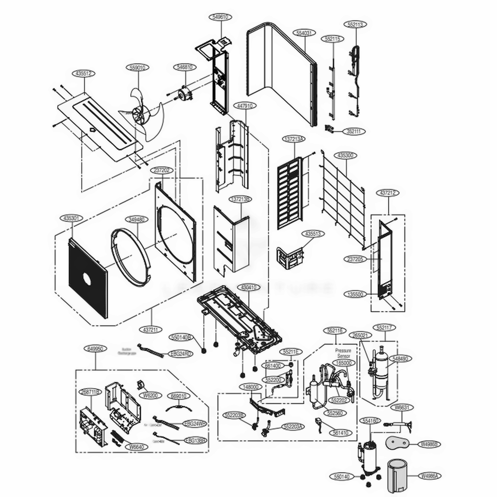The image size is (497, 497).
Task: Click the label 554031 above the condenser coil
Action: tap(303, 33)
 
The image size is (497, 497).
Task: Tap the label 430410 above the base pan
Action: tap(247, 287)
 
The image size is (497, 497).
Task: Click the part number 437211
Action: tap(152, 329)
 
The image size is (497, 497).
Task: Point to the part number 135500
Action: tap(357, 294)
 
